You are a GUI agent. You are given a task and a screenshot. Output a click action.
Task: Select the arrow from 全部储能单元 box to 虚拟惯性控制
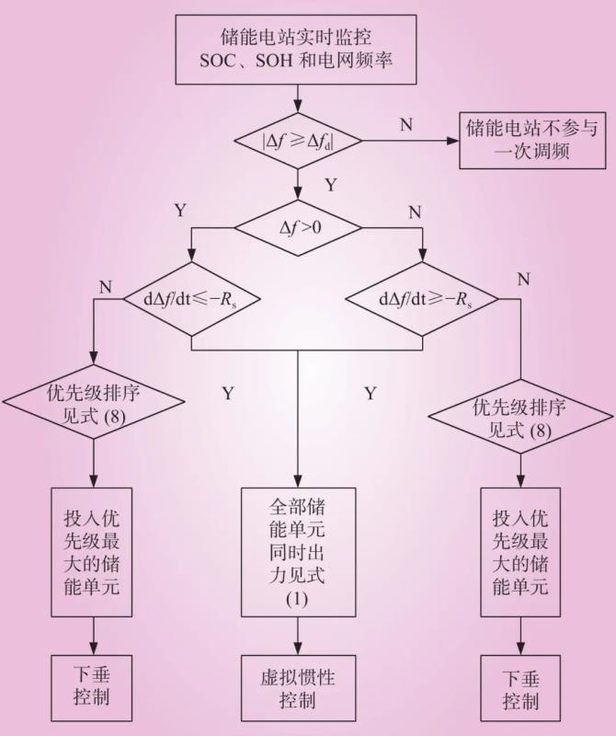pyautogui.click(x=296, y=637)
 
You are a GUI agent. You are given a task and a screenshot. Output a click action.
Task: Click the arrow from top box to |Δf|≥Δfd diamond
pyautogui.click(x=297, y=96)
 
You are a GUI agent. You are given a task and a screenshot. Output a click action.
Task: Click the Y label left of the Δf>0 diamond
pyautogui.click(x=180, y=211)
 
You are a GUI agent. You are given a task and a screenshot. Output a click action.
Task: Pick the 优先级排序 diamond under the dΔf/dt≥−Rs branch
pyautogui.click(x=519, y=417)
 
